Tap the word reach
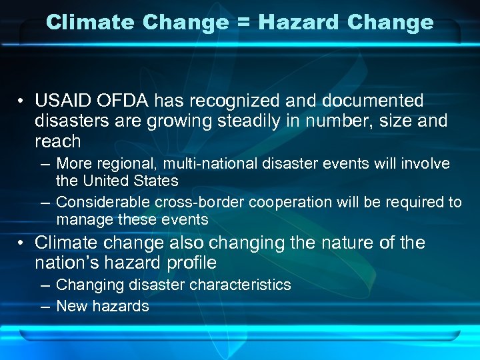coord(57,141)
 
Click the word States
coord(156,181)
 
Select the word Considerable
coord(103,203)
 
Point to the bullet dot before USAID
coord(22,102)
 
